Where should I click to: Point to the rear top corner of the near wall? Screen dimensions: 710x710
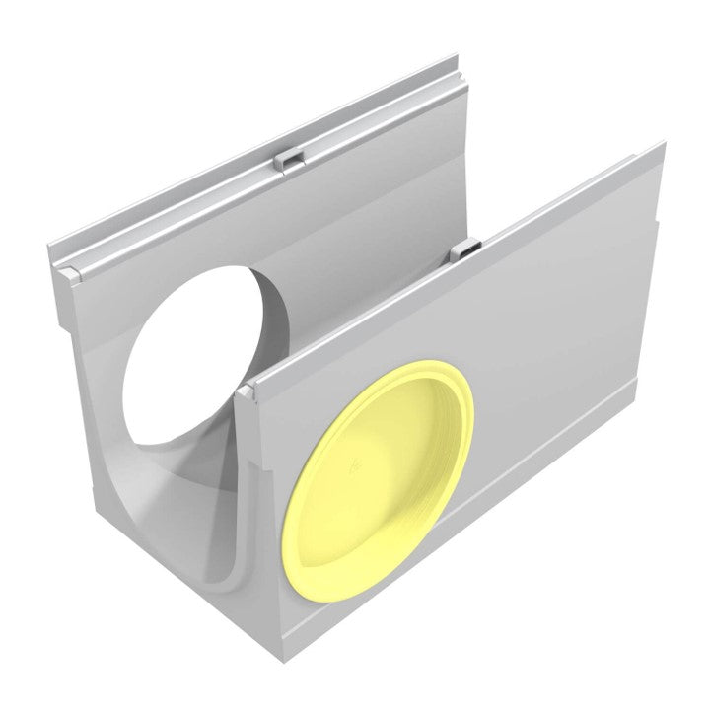pos(659,148)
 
